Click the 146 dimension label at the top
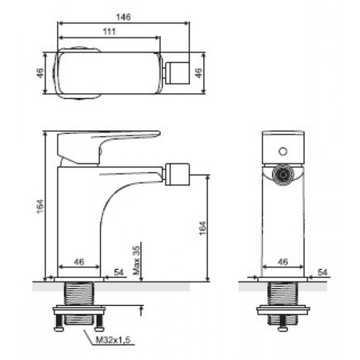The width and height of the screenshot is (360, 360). point(123,17)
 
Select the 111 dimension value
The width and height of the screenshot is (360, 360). point(109,32)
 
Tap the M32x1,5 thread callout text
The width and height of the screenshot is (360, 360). point(113,340)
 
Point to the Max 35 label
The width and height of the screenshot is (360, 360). point(137,261)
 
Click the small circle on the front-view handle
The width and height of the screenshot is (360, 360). point(283,151)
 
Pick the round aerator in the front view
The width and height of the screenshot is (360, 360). point(283,174)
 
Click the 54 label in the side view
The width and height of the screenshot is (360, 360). point(119,272)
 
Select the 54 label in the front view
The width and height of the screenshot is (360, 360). point(323,272)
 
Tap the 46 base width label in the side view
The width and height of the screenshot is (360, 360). point(79,261)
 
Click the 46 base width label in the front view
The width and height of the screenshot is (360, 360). point(282,261)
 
